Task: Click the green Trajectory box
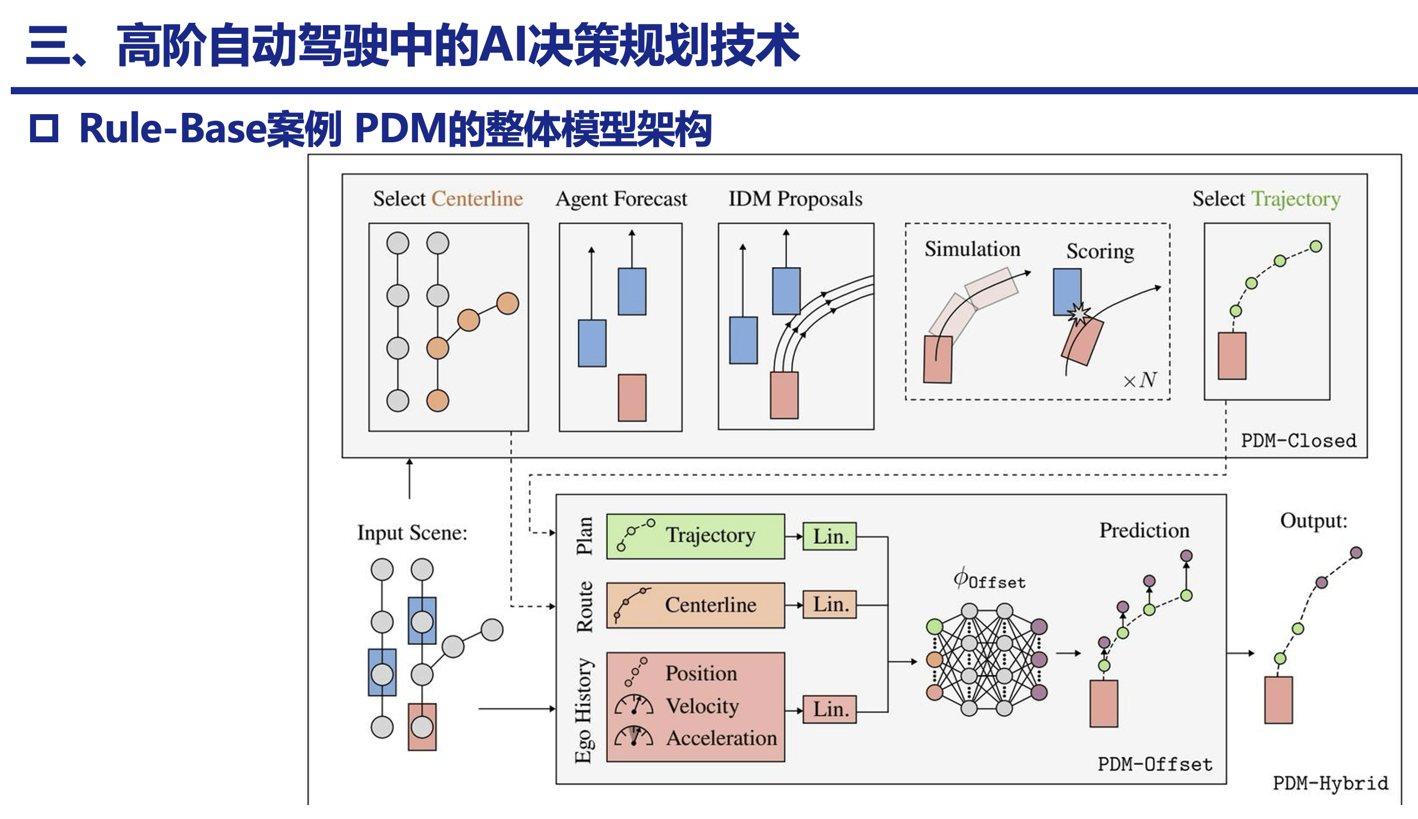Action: pyautogui.click(x=695, y=536)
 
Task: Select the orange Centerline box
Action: pyautogui.click(x=695, y=605)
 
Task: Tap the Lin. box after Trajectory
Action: pyautogui.click(x=830, y=536)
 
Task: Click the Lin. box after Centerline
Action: pyautogui.click(x=830, y=605)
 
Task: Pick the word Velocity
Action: pyautogui.click(x=702, y=706)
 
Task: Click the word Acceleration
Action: pyautogui.click(x=721, y=738)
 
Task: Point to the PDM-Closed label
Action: pyautogui.click(x=1298, y=441)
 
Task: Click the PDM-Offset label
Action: pyautogui.click(x=1154, y=764)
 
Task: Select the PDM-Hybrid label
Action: pyautogui.click(x=1330, y=784)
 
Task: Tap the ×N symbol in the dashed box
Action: pyautogui.click(x=1139, y=380)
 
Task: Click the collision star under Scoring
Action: pyautogui.click(x=1078, y=313)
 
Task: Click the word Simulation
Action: pyautogui.click(x=972, y=249)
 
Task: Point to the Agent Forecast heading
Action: pyautogui.click(x=621, y=199)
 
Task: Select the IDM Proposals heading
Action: pyautogui.click(x=795, y=199)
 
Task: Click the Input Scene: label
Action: pyautogui.click(x=412, y=533)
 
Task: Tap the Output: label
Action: pyautogui.click(x=1314, y=521)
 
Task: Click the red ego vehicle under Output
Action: pyautogui.click(x=1278, y=700)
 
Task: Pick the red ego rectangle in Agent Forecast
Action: pyautogui.click(x=632, y=397)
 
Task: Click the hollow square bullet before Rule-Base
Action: pyautogui.click(x=44, y=128)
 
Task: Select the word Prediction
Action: pyautogui.click(x=1144, y=530)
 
